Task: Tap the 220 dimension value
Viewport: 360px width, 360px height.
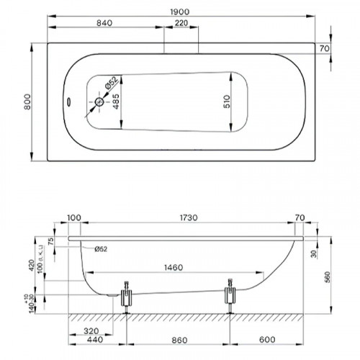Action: click(183, 24)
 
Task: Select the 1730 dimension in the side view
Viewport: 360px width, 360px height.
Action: click(186, 217)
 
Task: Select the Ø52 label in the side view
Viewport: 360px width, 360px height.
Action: click(102, 248)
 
